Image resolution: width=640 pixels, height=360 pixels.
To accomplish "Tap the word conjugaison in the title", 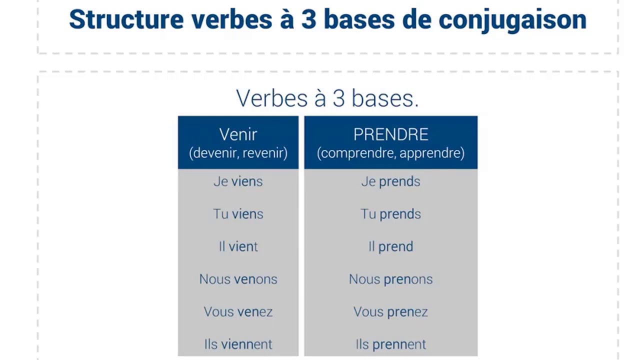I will point(512,20).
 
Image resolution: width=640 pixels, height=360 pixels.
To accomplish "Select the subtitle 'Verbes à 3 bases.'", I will point(327,98).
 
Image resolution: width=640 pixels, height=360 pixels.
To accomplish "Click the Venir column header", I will point(238,134).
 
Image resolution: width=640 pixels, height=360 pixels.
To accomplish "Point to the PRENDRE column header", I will point(390,134).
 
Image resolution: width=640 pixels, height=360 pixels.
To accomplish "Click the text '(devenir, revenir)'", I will point(238,153).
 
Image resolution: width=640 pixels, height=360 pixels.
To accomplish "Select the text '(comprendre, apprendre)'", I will point(390,153).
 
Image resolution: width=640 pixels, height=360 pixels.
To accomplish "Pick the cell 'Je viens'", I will point(238,181).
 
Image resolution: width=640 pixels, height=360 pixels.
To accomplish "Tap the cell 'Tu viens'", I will point(238,214).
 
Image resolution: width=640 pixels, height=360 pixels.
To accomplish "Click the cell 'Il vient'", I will point(238,246).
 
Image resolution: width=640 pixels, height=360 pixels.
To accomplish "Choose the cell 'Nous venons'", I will point(238,279).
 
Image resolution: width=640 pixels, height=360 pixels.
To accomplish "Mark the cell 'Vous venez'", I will point(238,311).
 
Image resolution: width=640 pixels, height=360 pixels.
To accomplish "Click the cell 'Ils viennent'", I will point(238,344).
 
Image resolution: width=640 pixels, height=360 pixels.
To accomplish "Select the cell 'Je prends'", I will point(390,181).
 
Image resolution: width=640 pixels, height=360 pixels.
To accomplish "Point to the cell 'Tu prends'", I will point(390,214).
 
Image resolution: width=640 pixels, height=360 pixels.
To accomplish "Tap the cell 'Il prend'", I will point(390,246).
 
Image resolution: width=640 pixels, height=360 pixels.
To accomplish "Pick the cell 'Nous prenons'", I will point(390,279).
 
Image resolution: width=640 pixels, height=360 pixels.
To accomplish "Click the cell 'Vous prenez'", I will point(390,311).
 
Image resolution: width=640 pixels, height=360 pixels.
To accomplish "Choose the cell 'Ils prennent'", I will point(390,344).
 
